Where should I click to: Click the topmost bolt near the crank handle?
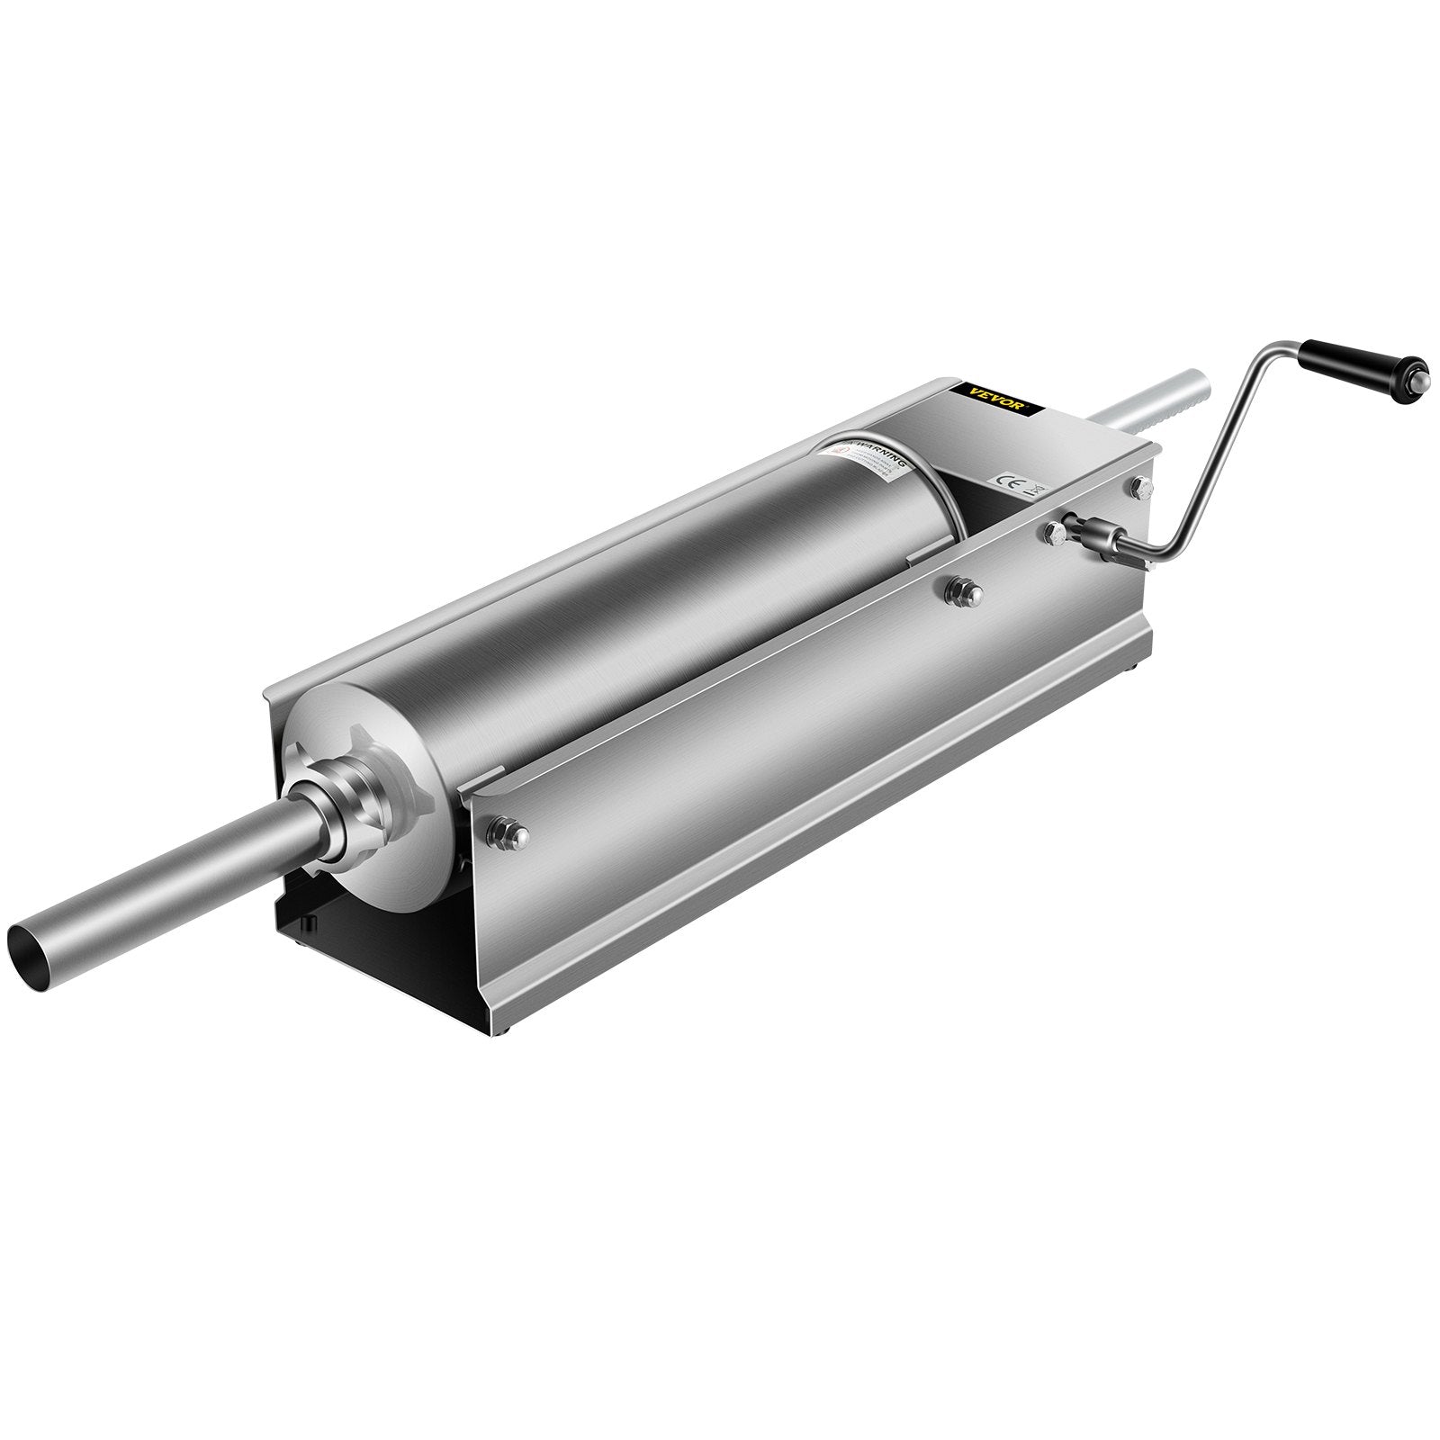tap(1143, 486)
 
